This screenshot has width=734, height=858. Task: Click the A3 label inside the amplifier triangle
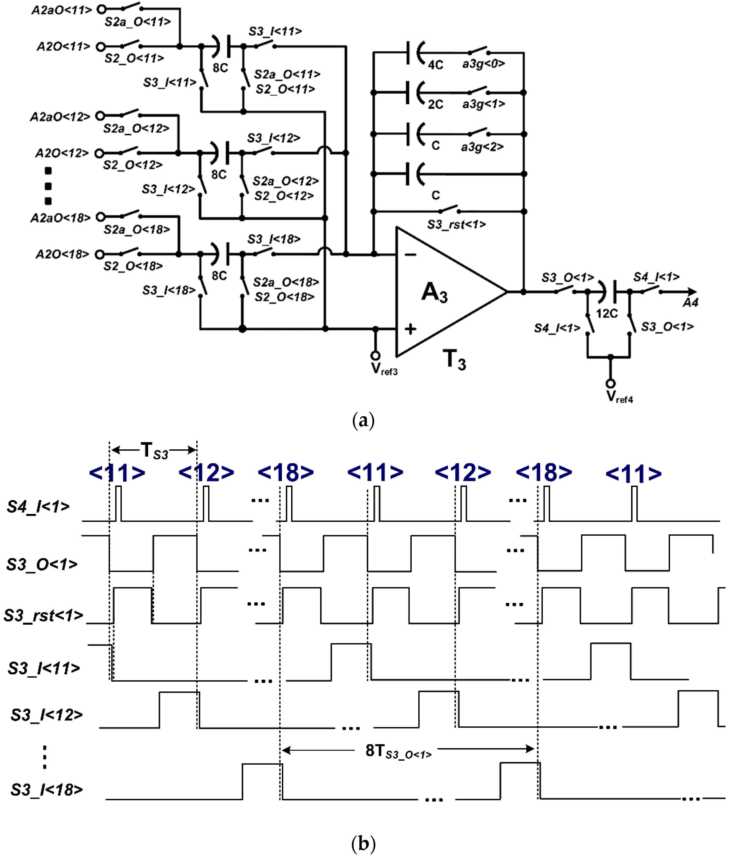pyautogui.click(x=434, y=292)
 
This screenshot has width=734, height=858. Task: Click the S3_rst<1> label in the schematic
pyautogui.click(x=456, y=225)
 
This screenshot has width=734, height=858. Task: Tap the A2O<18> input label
pyautogui.click(x=62, y=254)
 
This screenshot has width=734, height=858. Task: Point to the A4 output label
pyautogui.click(x=690, y=303)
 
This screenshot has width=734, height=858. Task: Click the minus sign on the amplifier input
pyautogui.click(x=410, y=254)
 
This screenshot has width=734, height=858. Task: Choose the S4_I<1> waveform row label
pyautogui.click(x=38, y=506)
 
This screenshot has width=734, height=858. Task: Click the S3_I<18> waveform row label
pyautogui.click(x=46, y=790)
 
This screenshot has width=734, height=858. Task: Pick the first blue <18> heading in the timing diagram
pyautogui.click(x=285, y=473)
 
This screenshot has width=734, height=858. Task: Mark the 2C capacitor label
pyautogui.click(x=435, y=104)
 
